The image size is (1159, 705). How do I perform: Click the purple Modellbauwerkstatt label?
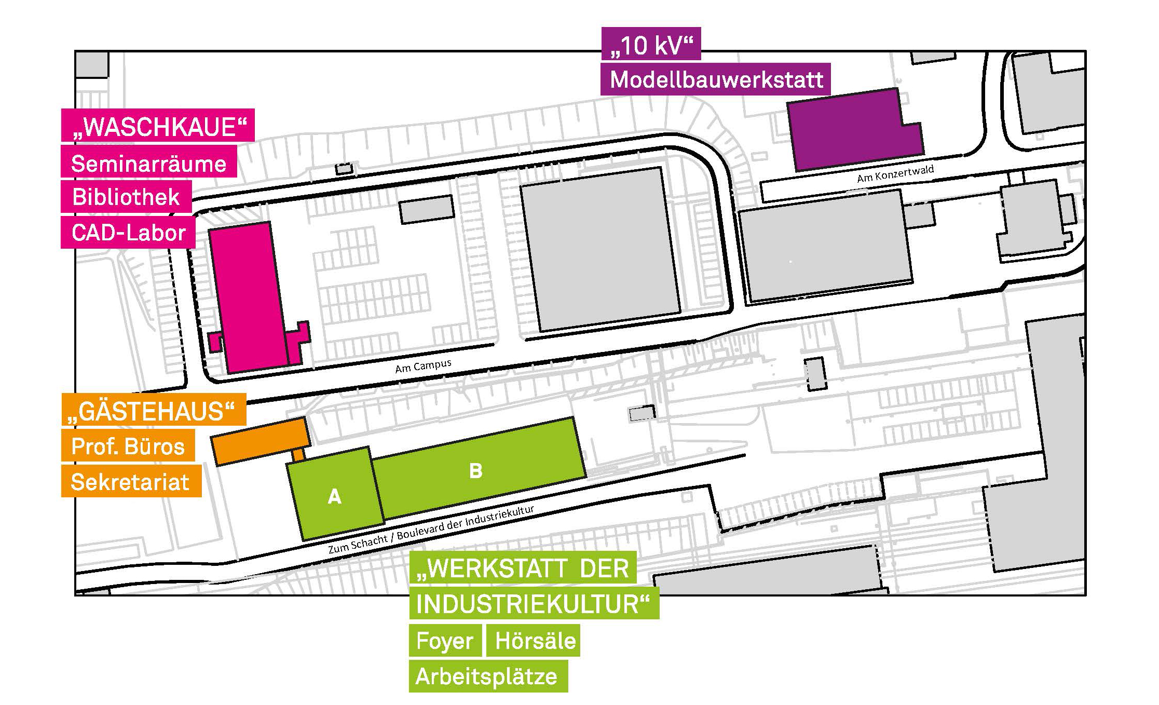click(x=715, y=80)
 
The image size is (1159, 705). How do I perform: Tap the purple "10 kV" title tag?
click(x=651, y=45)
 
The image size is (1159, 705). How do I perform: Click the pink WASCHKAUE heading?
click(x=158, y=126)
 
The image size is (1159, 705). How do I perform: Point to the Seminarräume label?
click(x=148, y=164)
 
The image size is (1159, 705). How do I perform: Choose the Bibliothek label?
click(x=126, y=197)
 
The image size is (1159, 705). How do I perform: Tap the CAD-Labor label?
click(x=128, y=233)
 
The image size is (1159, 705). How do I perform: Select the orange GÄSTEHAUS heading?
click(x=154, y=411)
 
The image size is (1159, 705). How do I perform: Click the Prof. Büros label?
click(x=128, y=446)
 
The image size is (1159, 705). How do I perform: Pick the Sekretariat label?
click(x=131, y=482)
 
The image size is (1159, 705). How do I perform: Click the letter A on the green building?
click(x=335, y=497)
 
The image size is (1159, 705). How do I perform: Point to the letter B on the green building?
click(x=475, y=471)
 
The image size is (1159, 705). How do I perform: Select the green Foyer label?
click(x=445, y=641)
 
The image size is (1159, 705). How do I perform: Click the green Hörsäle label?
click(x=535, y=641)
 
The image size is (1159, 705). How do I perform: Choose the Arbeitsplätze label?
click(x=487, y=676)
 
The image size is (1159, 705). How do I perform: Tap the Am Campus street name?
click(x=423, y=366)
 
